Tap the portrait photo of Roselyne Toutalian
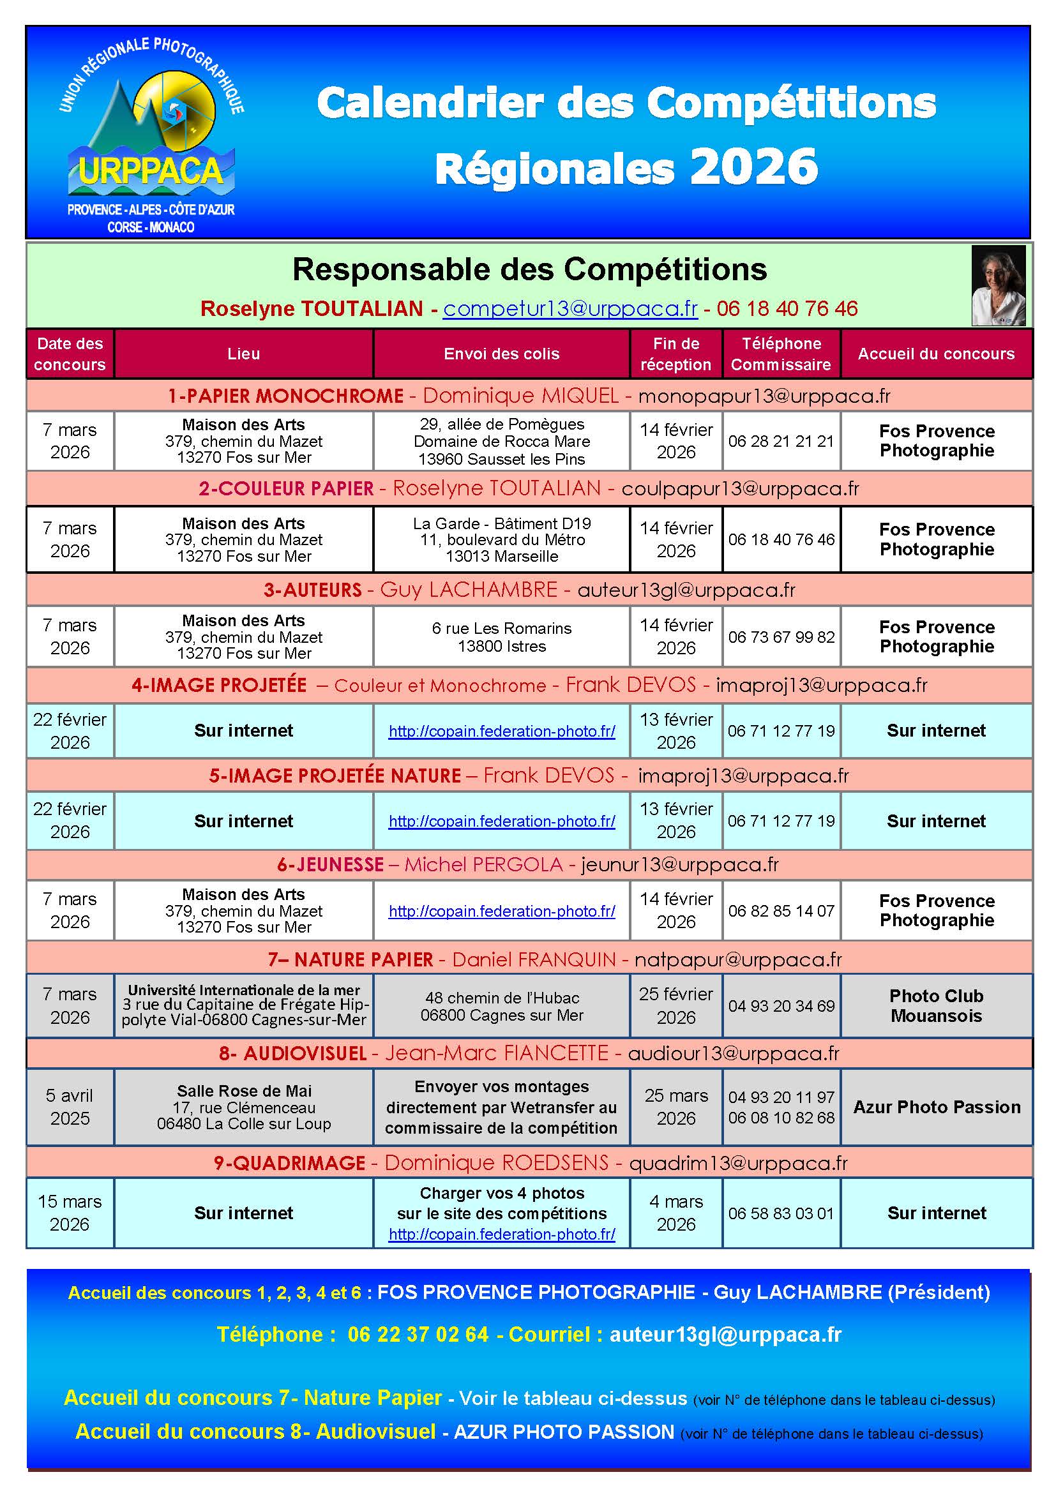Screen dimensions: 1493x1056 [997, 285]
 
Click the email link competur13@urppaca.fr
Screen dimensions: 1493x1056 [569, 308]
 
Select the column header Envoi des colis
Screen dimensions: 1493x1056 [501, 354]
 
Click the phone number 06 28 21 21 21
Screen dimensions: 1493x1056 [780, 441]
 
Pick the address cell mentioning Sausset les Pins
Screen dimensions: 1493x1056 [501, 442]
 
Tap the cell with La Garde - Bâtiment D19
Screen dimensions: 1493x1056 [501, 540]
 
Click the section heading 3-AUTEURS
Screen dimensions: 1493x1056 [312, 590]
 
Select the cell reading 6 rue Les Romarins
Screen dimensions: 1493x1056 [501, 636]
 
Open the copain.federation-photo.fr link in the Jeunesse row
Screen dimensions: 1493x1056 [501, 911]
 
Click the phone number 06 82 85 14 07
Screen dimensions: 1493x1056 [780, 911]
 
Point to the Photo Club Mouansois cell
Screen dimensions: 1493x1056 [936, 1005]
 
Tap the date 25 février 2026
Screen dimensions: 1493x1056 [675, 1005]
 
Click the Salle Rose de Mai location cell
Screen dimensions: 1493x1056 [244, 1107]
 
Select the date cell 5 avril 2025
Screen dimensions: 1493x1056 [70, 1107]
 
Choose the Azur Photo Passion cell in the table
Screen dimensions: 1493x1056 [937, 1107]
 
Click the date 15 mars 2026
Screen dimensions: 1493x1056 [70, 1213]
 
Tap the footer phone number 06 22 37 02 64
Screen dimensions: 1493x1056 [418, 1334]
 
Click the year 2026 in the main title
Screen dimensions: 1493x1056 [753, 167]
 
